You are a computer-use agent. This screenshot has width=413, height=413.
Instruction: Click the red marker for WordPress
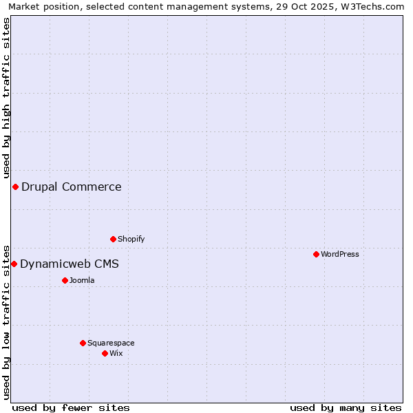pos(316,254)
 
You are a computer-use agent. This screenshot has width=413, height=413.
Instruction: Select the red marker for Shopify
pos(113,239)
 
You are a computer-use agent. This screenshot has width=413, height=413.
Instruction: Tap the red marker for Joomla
pos(65,280)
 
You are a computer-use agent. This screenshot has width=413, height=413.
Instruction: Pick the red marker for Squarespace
pos(83,343)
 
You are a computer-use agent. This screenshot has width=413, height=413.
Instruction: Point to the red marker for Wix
pos(105,353)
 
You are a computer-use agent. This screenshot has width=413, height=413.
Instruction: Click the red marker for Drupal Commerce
pos(15,187)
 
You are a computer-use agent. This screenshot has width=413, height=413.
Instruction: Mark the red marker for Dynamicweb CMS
pos(14,264)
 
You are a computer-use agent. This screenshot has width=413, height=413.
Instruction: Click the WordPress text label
pos(340,254)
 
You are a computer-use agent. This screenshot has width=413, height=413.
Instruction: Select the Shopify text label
pos(131,239)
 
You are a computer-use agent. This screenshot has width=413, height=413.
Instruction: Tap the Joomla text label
pos(82,280)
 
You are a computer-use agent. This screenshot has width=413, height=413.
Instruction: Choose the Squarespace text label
pos(111,343)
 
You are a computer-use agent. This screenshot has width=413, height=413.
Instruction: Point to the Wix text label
pos(116,353)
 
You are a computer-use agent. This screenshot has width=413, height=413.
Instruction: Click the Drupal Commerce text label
pos(72,187)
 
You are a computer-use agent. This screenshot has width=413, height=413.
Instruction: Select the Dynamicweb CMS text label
pos(70,264)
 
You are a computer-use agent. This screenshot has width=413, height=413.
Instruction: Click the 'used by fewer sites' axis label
pos(71,407)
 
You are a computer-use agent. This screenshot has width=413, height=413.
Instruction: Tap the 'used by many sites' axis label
pos(346,407)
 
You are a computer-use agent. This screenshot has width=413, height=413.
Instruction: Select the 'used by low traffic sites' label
pos(6,321)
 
